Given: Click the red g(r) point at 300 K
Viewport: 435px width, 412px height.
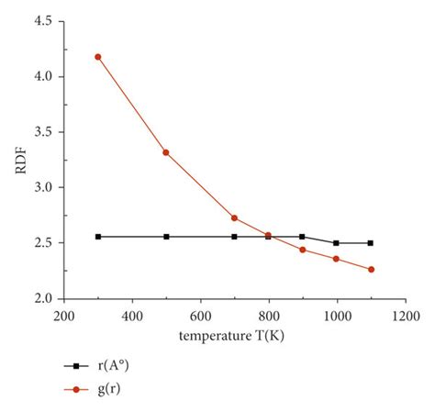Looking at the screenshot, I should [98, 57].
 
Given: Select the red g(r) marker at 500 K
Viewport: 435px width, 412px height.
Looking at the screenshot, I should [166, 152].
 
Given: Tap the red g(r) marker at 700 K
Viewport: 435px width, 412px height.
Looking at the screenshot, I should [234, 217].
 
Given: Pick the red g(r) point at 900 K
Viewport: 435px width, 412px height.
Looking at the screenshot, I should [302, 250].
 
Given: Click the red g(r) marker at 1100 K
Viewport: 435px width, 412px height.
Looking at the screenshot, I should [371, 270].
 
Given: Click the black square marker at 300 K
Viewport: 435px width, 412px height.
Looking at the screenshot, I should [98, 237].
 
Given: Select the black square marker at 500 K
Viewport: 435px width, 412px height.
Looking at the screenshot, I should [166, 237].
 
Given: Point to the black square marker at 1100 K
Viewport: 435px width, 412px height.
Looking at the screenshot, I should [371, 243].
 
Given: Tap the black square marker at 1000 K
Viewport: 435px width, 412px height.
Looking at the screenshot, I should [336, 243].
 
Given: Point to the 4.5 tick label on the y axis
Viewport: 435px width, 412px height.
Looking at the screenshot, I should [41, 21].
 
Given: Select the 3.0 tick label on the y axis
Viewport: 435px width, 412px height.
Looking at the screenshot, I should [41, 187].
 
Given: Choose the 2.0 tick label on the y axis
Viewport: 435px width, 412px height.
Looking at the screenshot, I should [41, 298].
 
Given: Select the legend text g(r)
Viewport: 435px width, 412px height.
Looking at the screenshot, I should [112, 389].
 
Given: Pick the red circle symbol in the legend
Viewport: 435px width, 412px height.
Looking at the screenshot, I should [76, 389].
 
